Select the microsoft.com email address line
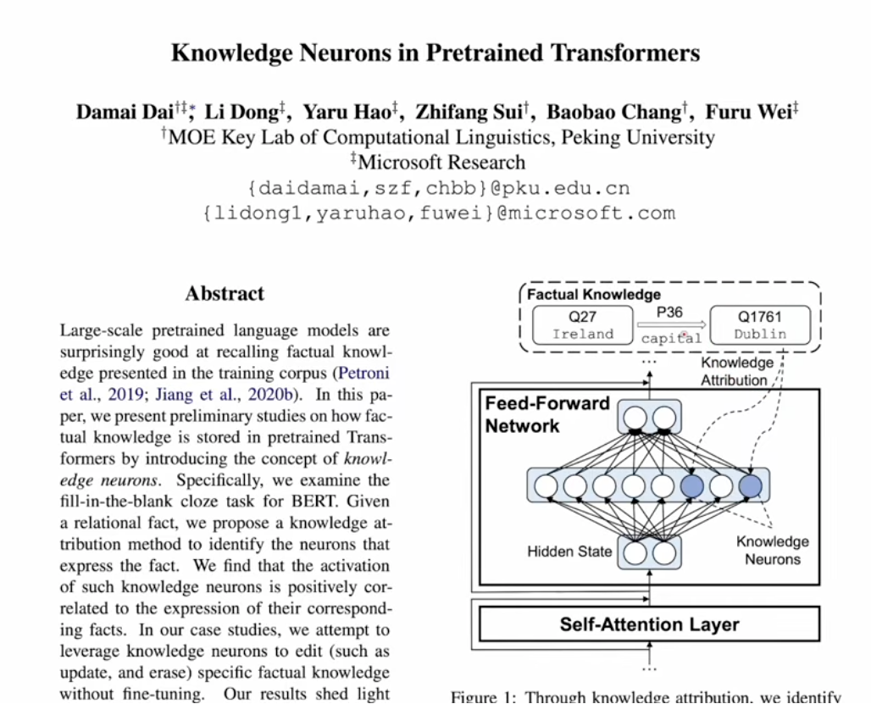(438, 213)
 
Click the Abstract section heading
(225, 294)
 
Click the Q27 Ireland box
(582, 325)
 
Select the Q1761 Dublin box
(760, 325)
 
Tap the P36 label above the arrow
(669, 313)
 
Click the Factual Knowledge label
(593, 295)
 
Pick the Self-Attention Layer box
(649, 625)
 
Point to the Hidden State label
(569, 551)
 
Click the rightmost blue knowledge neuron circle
(751, 486)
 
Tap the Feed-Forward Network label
(546, 414)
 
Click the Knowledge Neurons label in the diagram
(772, 550)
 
